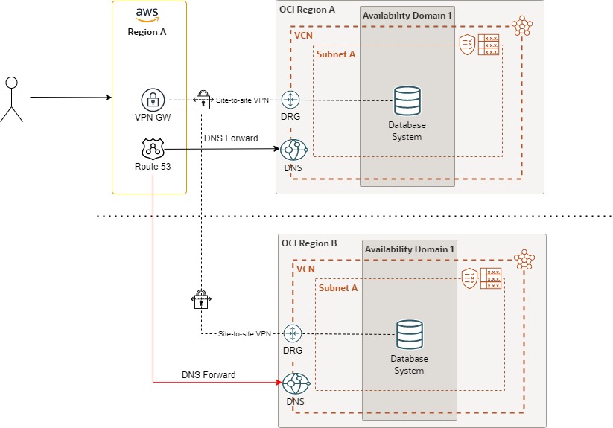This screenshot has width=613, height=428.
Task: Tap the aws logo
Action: coord(148,14)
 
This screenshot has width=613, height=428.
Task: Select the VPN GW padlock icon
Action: coord(153,100)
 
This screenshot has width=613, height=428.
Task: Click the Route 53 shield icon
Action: coord(153,149)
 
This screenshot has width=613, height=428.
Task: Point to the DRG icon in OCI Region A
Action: coord(290,100)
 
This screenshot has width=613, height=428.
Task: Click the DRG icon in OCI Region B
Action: coord(293,333)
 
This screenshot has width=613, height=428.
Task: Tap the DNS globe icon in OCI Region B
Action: coord(296,383)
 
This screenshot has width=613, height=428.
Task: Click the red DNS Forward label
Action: coord(209,374)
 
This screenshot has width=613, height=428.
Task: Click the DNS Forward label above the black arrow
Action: coord(230,138)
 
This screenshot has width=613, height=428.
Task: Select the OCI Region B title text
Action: coord(309,243)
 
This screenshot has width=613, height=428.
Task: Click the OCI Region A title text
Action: coord(307,10)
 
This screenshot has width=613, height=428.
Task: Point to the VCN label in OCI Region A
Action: coord(303,36)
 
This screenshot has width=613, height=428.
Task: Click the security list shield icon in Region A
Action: coord(468,45)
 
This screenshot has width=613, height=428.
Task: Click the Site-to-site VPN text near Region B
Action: coord(244,334)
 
